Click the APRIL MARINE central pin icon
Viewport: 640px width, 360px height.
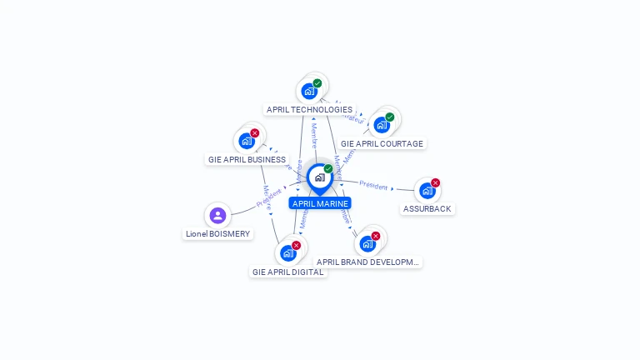pyautogui.click(x=320, y=177)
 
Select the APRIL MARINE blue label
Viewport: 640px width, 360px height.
pyautogui.click(x=320, y=203)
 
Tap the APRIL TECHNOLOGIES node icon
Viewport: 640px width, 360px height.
pyautogui.click(x=310, y=91)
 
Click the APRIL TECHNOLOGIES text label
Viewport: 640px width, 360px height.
pyautogui.click(x=309, y=109)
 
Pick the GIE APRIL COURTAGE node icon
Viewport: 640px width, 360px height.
pyautogui.click(x=382, y=125)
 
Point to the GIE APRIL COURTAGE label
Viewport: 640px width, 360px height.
pyautogui.click(x=382, y=143)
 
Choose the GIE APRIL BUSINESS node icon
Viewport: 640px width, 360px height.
pyautogui.click(x=247, y=141)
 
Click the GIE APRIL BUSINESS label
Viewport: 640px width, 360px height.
pyautogui.click(x=247, y=159)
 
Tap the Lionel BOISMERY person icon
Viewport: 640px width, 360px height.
pyautogui.click(x=217, y=216)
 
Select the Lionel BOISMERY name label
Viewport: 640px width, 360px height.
pyautogui.click(x=217, y=234)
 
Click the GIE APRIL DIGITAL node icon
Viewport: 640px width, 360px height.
pyautogui.click(x=288, y=252)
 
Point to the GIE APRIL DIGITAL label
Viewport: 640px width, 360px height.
pyautogui.click(x=287, y=272)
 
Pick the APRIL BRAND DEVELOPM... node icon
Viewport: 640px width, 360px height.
pyautogui.click(x=367, y=243)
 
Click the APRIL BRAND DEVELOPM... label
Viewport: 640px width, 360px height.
pyautogui.click(x=367, y=262)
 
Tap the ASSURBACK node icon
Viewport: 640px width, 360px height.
pyautogui.click(x=427, y=190)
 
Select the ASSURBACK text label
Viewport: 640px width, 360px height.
pyautogui.click(x=427, y=209)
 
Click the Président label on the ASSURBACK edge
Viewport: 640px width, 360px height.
pyautogui.click(x=374, y=185)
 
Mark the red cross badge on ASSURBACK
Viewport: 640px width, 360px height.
pyautogui.click(x=435, y=182)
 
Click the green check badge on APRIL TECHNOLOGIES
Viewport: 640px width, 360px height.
pyautogui.click(x=317, y=83)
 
